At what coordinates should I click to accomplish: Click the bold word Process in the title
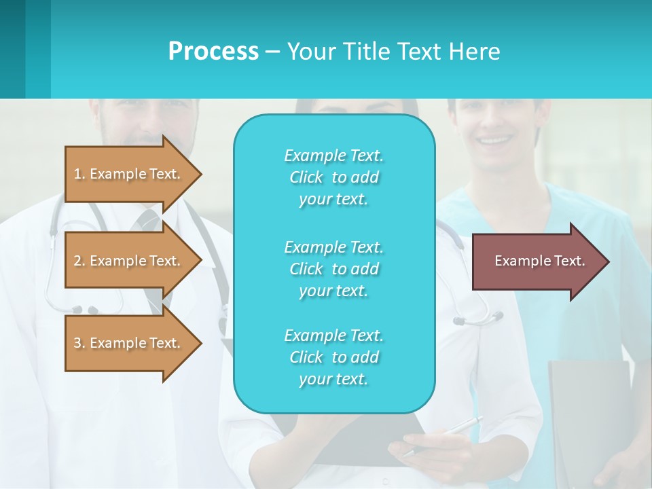pyautogui.click(x=213, y=52)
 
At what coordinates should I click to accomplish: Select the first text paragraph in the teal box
pyautogui.click(x=333, y=177)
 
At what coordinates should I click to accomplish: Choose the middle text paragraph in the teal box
pyautogui.click(x=333, y=269)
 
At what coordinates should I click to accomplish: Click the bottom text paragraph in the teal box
pyautogui.click(x=333, y=357)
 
